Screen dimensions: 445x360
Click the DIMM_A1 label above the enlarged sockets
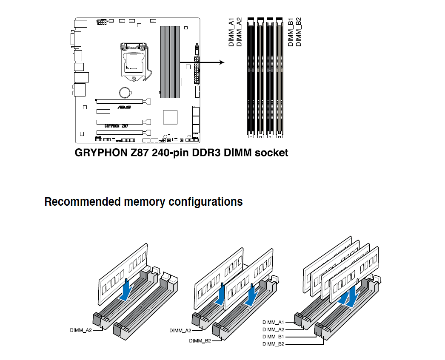[231, 32]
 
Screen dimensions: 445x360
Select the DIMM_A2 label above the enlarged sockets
[239, 32]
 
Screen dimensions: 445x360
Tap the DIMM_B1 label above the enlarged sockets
[290, 32]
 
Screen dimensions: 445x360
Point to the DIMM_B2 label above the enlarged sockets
[298, 32]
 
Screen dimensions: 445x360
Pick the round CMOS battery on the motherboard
[125, 92]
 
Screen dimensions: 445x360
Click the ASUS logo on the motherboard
[124, 107]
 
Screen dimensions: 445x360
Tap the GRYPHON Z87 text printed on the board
[117, 126]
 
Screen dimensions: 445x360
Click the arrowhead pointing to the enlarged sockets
[222, 62]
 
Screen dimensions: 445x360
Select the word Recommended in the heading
[83, 202]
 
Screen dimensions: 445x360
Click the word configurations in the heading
[205, 202]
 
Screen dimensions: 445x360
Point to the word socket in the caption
[271, 153]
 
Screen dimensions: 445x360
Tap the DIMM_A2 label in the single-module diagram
[81, 330]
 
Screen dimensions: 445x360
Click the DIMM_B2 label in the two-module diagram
[200, 341]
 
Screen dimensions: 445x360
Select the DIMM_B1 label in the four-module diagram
[273, 337]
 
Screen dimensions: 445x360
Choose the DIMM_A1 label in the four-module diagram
[273, 322]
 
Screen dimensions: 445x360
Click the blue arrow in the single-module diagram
[126, 290]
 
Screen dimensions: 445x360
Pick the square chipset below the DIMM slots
[170, 117]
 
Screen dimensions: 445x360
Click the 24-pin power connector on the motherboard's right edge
[197, 70]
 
